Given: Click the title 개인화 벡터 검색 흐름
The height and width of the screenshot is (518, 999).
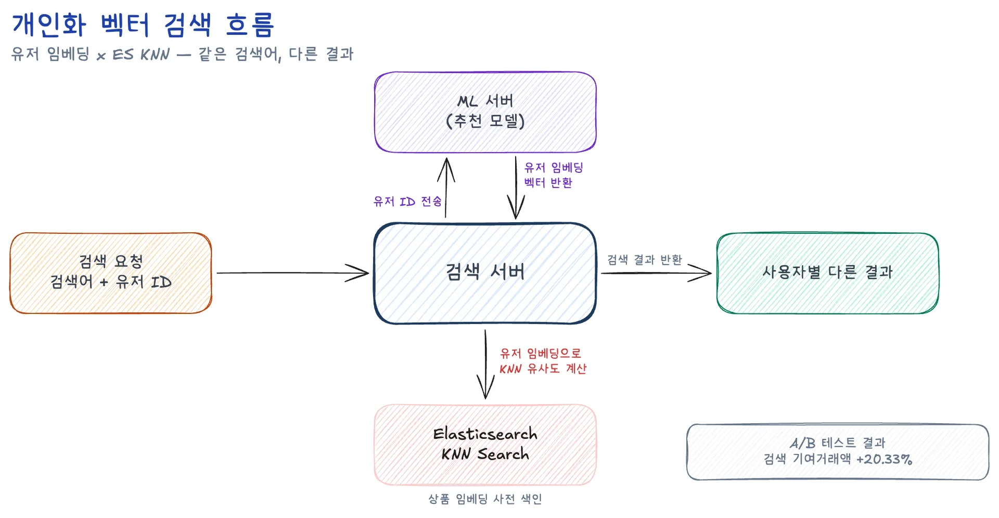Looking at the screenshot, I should (143, 24).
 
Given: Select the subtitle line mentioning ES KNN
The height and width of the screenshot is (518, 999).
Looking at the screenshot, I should (182, 54).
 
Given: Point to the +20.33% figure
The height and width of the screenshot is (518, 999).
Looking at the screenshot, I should (884, 459).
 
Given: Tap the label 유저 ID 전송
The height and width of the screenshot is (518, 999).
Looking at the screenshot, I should (407, 201).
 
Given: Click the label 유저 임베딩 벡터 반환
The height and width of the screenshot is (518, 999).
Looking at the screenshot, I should (553, 175).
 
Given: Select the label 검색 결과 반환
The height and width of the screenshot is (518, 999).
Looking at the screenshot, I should (644, 260).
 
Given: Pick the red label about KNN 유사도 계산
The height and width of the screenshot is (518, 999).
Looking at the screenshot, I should (543, 361).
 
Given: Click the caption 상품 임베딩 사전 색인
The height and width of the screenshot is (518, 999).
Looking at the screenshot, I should (485, 499).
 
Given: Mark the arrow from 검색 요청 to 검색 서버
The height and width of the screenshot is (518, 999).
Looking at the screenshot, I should (291, 273).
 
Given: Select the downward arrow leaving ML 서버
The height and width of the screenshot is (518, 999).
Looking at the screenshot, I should (516, 187).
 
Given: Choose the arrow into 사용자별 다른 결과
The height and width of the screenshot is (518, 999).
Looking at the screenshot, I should (656, 273).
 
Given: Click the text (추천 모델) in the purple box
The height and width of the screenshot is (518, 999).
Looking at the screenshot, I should (485, 121).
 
